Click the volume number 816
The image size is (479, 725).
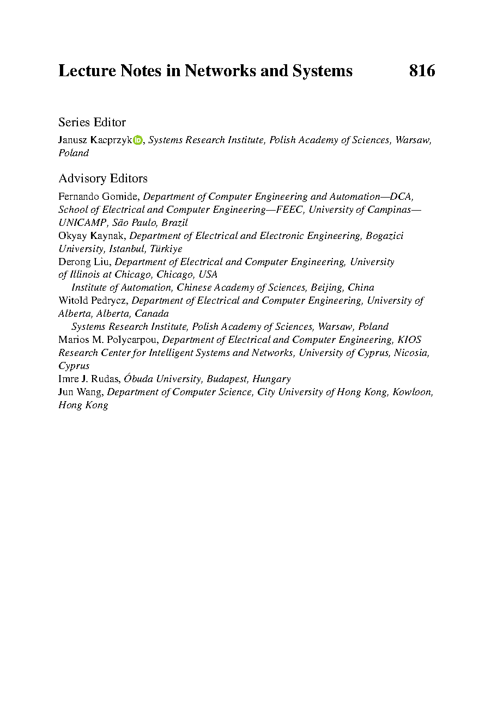pos(422,71)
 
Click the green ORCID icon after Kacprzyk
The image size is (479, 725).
pos(137,140)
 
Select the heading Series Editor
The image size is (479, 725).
pos(92,122)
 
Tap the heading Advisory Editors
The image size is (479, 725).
pos(103,179)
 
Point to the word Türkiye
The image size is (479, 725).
pos(166,249)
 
